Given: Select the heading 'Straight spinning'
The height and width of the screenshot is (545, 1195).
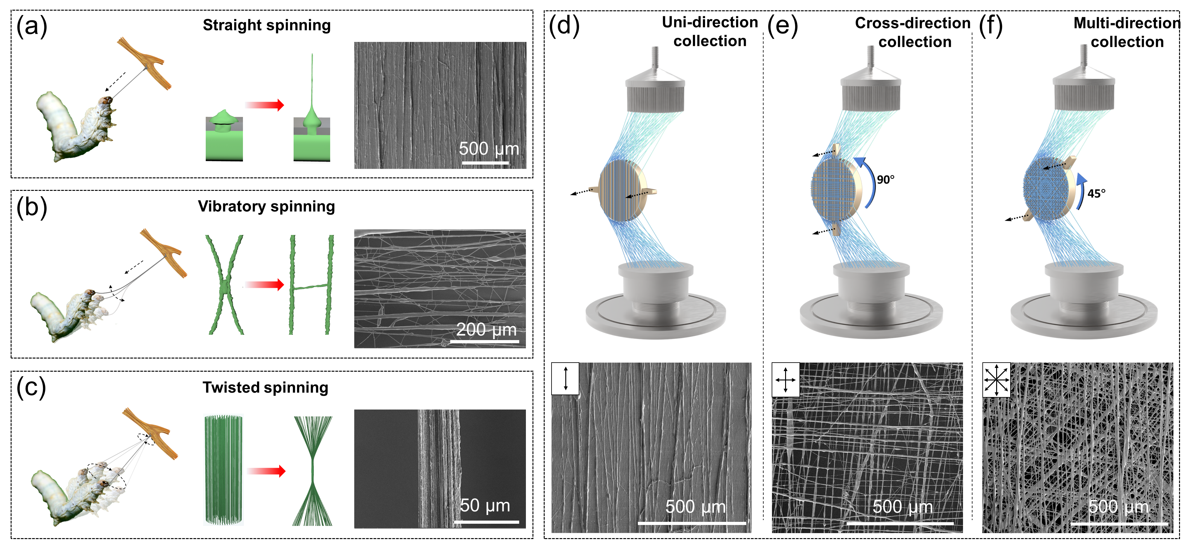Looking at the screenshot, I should tap(267, 25).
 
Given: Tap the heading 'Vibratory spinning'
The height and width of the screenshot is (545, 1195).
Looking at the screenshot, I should tap(266, 206).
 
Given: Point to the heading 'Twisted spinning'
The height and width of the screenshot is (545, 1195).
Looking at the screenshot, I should tap(265, 387).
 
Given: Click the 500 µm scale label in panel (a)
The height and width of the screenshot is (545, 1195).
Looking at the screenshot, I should tap(489, 149).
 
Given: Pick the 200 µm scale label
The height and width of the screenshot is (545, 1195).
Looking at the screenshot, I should tap(486, 330).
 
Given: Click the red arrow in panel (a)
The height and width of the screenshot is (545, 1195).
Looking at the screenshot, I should tap(265, 105).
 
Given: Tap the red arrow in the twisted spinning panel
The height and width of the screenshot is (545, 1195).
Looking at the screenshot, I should tap(266, 471).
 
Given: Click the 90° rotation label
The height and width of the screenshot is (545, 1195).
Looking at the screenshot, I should tap(885, 180).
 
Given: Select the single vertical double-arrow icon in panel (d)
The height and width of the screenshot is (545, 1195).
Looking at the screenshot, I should tap(566, 378).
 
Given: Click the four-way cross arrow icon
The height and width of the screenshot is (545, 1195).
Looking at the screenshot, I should tap(785, 380).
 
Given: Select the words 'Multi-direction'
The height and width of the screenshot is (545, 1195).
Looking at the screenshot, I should tap(1126, 23).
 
